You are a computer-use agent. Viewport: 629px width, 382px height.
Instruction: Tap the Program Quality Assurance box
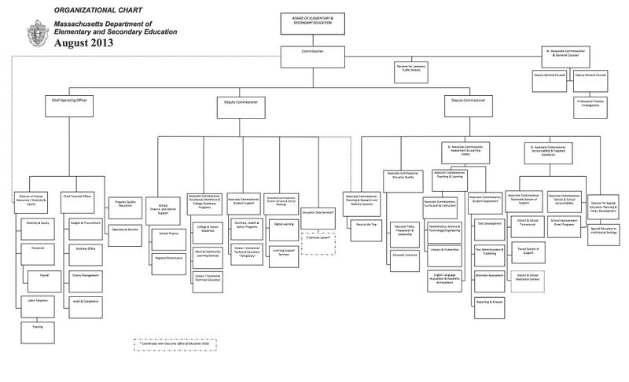pyautogui.click(x=125, y=204)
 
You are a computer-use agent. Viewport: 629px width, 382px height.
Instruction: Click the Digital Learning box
pyautogui.click(x=283, y=225)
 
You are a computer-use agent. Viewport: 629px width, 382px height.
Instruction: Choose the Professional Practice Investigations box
pyautogui.click(x=590, y=101)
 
